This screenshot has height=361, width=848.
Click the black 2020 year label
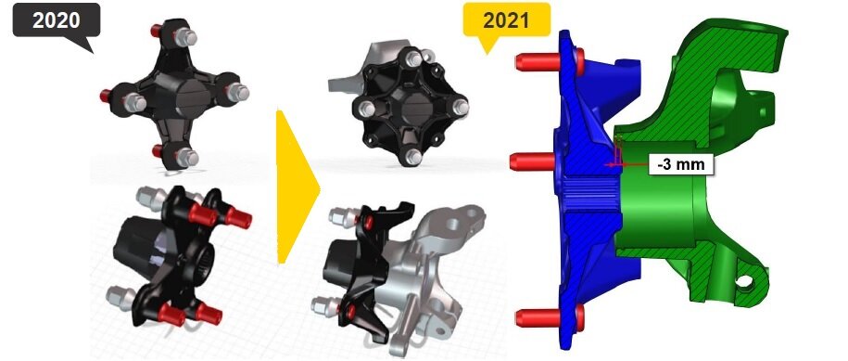[x=57, y=20]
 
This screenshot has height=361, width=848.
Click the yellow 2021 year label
[x=507, y=20]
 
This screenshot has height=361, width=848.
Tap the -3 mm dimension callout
[x=681, y=164]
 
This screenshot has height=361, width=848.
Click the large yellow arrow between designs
[x=297, y=187]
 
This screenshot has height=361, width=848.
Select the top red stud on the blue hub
[x=549, y=61]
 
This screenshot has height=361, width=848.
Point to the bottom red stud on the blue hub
[x=549, y=317]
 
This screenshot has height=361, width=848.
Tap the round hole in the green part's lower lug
[x=745, y=281]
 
